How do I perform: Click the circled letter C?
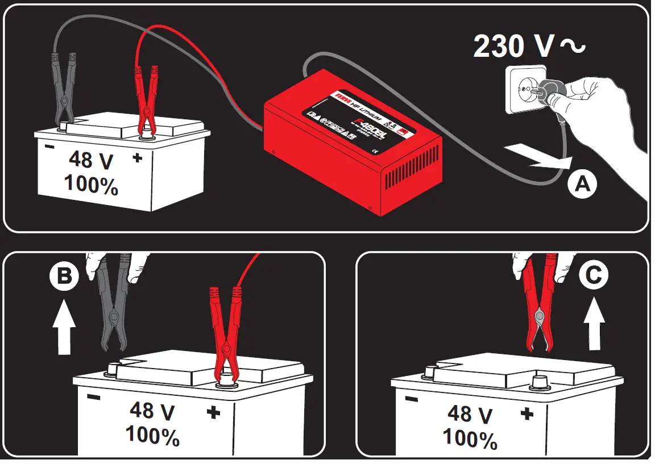tap(593, 275)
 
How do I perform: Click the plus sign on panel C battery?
tap(527, 413)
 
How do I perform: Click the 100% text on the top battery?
tap(91, 185)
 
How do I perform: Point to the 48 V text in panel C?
tap(470, 413)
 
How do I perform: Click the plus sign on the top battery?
tap(137, 158)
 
